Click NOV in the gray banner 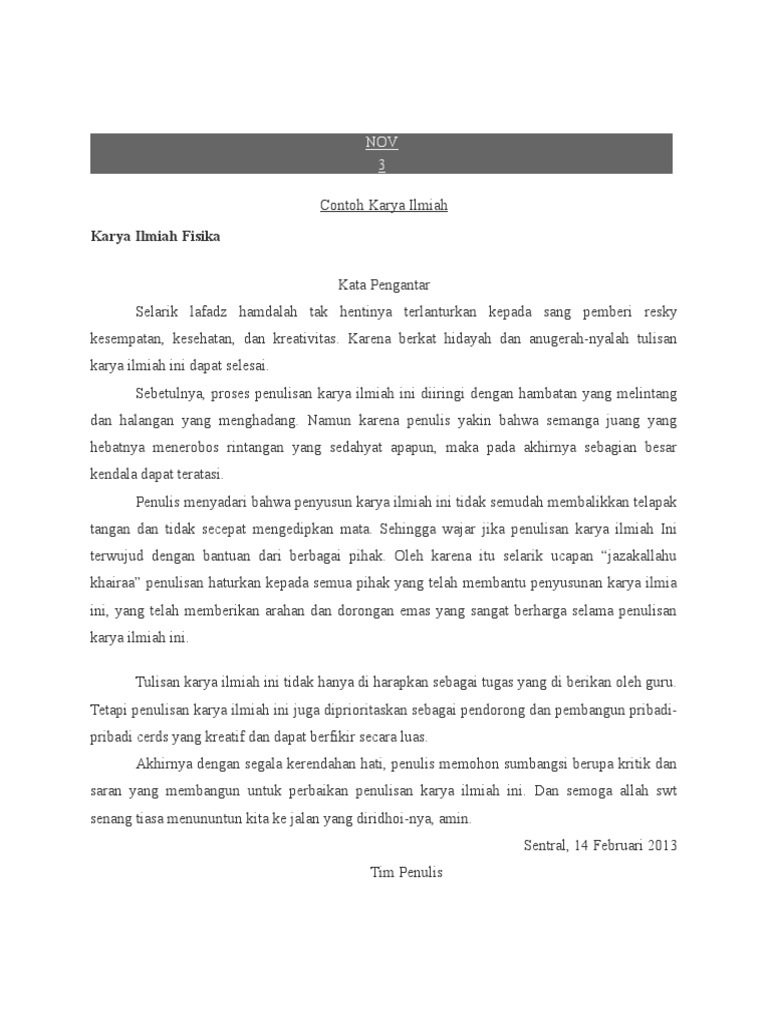point(382,144)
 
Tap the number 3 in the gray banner point(382,164)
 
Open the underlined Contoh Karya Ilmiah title point(384,205)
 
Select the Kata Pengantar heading point(384,285)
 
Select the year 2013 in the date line point(661,845)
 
